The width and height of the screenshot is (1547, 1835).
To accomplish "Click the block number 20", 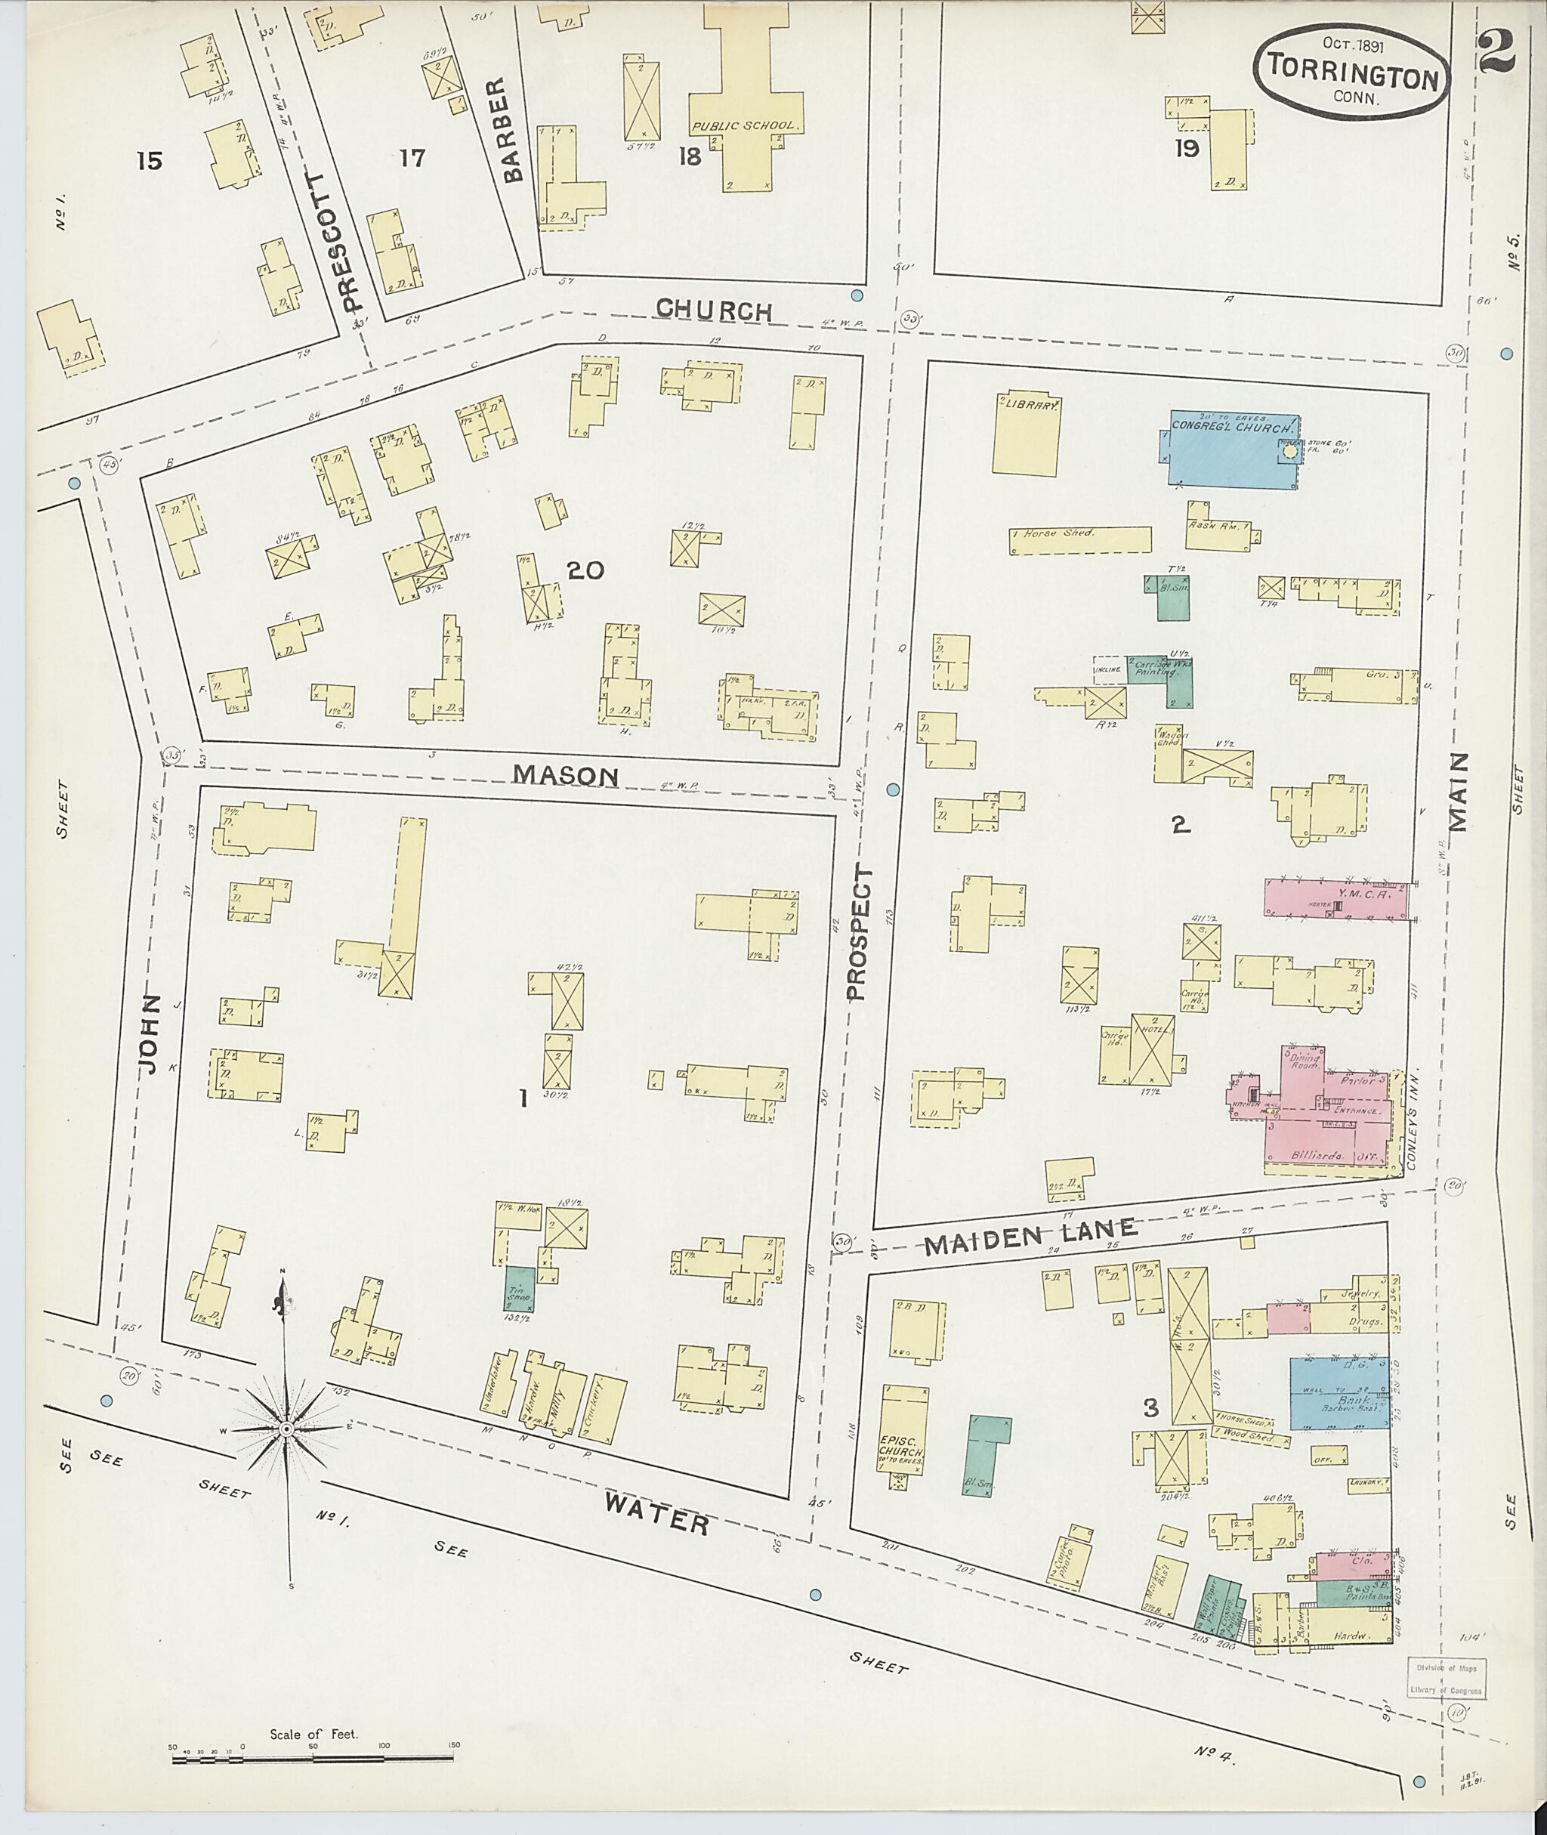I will click(585, 571).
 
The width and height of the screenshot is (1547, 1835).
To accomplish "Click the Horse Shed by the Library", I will click(1079, 539).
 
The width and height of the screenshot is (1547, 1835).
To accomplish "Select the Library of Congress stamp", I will click(1446, 1679).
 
